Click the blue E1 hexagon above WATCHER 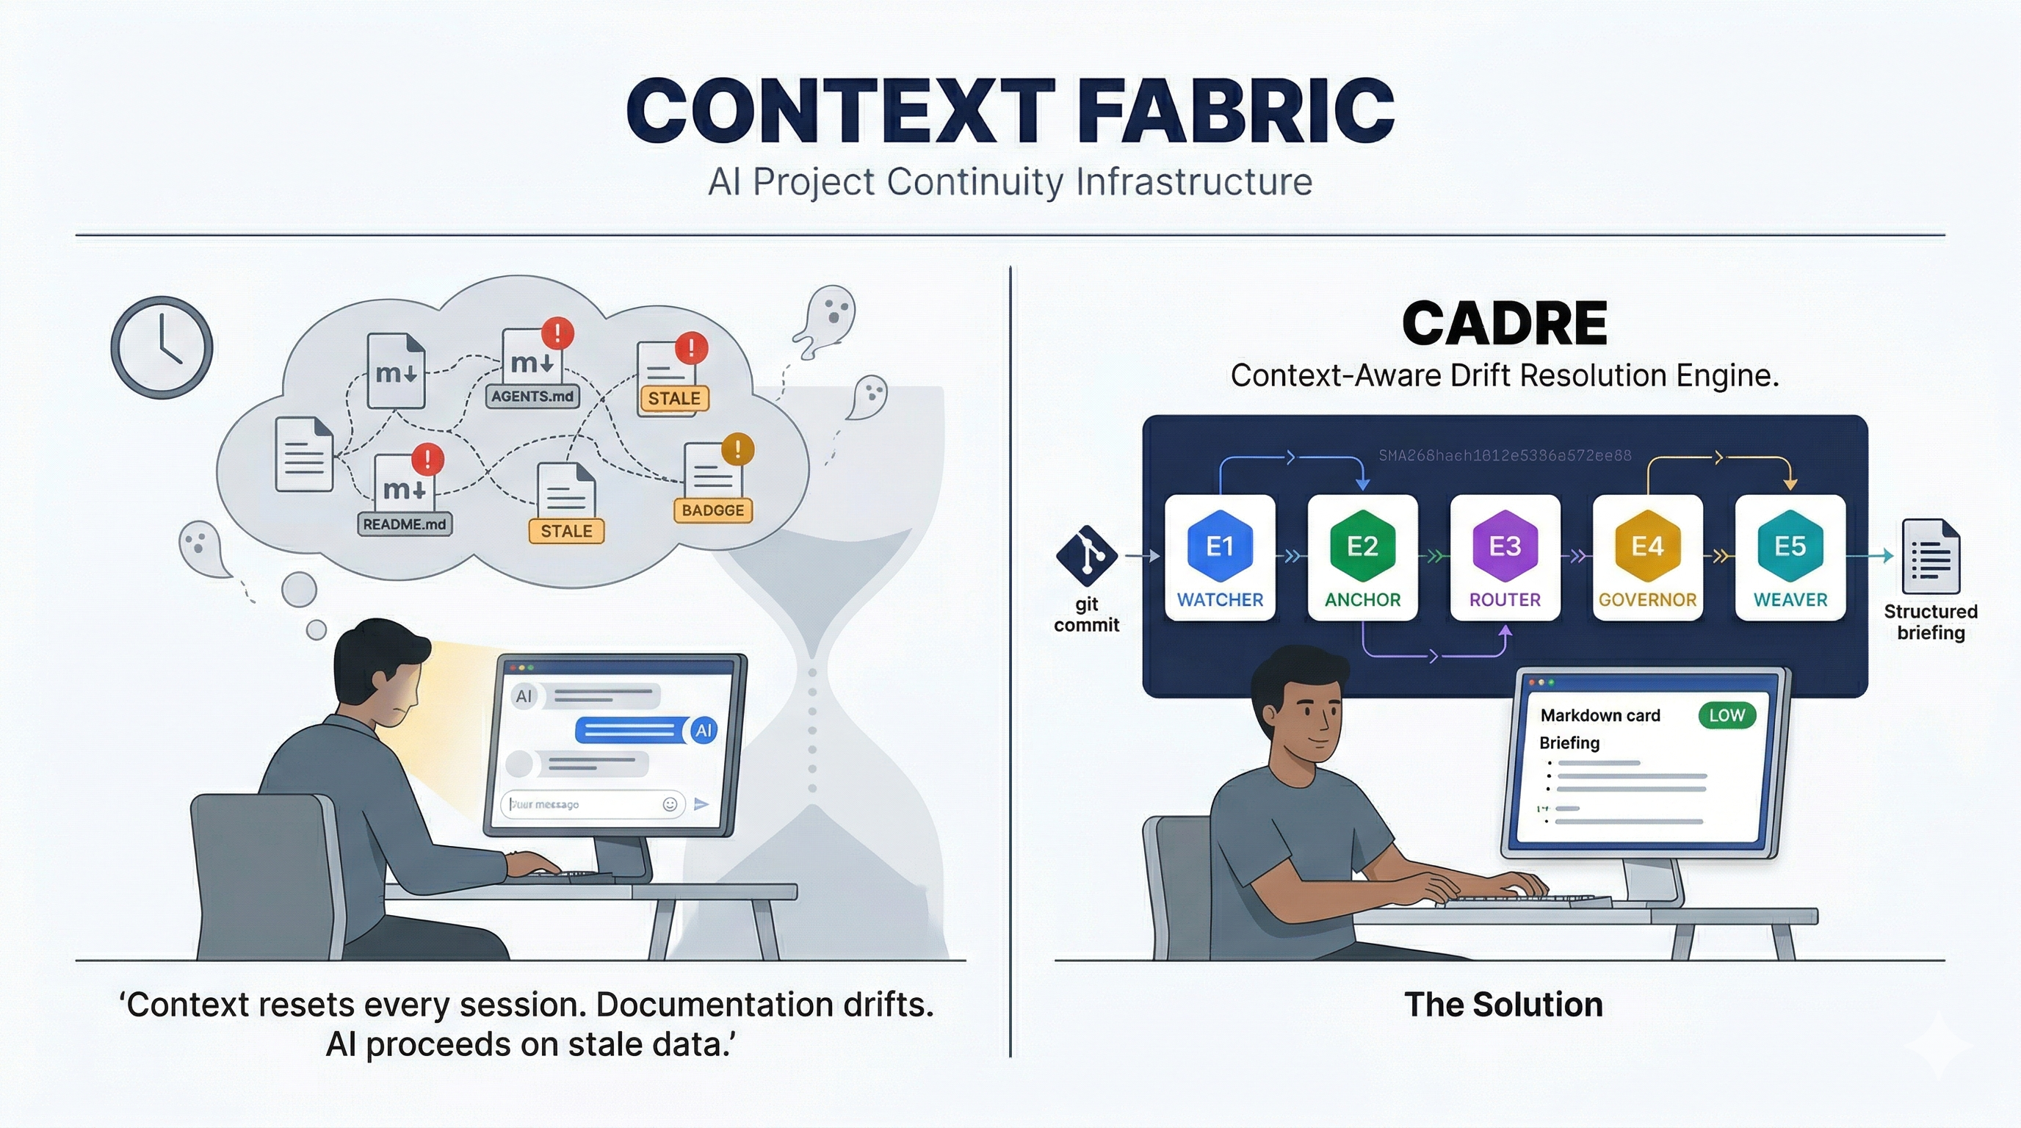click(x=1220, y=545)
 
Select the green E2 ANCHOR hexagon click(x=1362, y=545)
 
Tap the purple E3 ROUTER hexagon click(x=1505, y=545)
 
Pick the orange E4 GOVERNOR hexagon click(x=1647, y=545)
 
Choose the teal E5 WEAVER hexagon click(x=1790, y=545)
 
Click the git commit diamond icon click(x=1087, y=555)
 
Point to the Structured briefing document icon click(x=1931, y=557)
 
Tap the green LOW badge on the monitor click(x=1726, y=715)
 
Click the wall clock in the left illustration click(x=162, y=347)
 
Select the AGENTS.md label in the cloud click(x=532, y=396)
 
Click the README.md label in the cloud click(x=404, y=524)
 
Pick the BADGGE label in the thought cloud click(x=712, y=510)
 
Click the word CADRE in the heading click(x=1504, y=323)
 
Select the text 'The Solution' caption click(x=1503, y=1004)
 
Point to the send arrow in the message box click(x=701, y=804)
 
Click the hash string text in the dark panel click(x=1504, y=456)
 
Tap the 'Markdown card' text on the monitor click(x=1599, y=715)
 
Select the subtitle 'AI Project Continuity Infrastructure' click(x=1010, y=182)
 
